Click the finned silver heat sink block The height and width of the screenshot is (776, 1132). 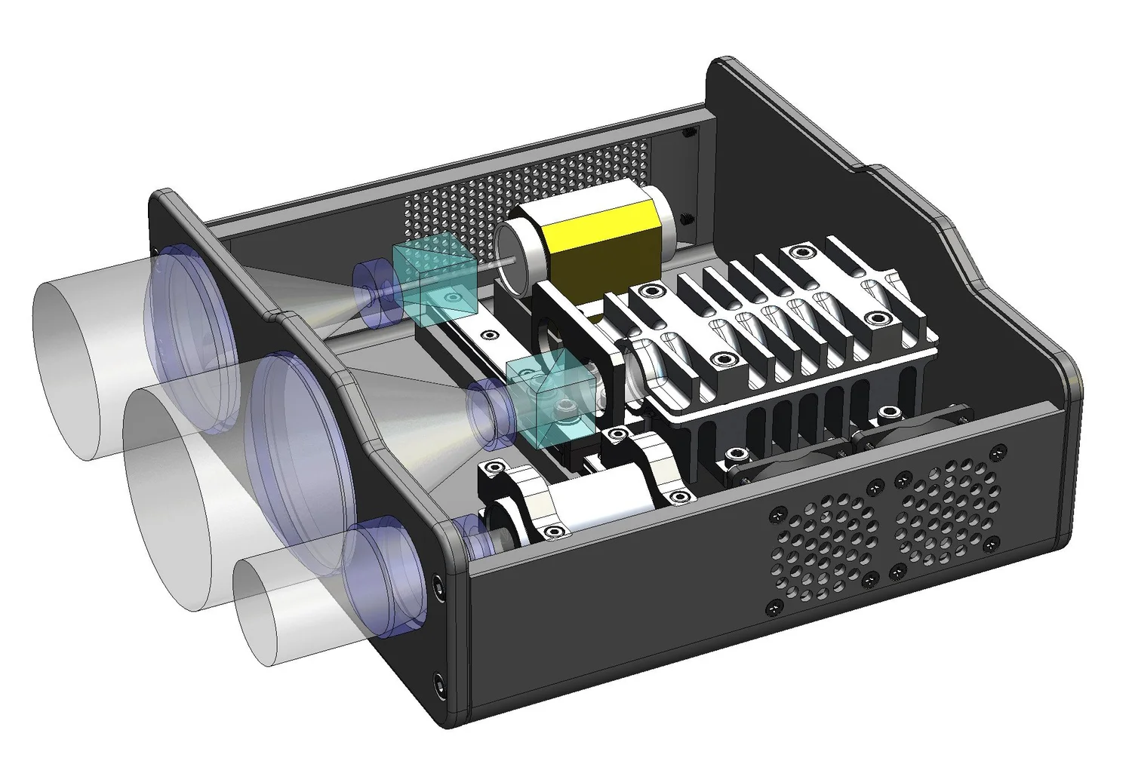pyautogui.click(x=777, y=339)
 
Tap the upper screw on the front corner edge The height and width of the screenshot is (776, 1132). pyautogui.click(x=439, y=584)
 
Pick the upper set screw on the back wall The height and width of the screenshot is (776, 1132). pyautogui.click(x=688, y=134)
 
